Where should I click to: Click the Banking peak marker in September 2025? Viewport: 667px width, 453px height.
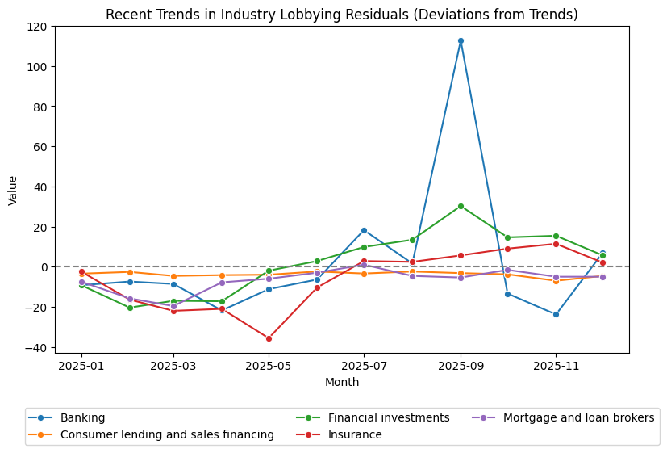coord(461,40)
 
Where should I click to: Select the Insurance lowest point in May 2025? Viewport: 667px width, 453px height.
coord(269,338)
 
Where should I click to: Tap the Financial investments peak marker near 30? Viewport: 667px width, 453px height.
coord(461,206)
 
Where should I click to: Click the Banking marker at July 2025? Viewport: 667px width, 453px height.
coord(364,230)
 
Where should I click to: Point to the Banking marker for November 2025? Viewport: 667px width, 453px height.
coord(556,314)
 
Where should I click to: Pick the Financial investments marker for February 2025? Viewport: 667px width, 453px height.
coord(129,308)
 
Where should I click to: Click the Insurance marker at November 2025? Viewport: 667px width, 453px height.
coord(556,244)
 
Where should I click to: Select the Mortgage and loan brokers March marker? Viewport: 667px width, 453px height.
coord(173,306)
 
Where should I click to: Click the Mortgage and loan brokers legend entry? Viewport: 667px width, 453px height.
coord(578,417)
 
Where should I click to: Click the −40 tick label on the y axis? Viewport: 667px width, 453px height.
coord(35,347)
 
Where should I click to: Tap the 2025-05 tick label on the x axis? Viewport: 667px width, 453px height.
coord(269,366)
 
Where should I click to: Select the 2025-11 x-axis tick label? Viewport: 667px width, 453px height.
coord(556,366)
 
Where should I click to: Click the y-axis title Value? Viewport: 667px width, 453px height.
coord(13,190)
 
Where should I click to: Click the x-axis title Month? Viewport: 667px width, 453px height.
coord(342,382)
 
